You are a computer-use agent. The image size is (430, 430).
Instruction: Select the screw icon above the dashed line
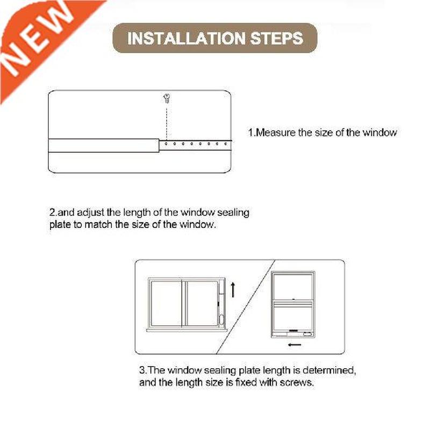(x=167, y=98)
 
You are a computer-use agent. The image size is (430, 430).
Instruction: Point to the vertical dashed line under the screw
(x=167, y=123)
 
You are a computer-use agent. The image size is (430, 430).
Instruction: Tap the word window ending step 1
(x=379, y=132)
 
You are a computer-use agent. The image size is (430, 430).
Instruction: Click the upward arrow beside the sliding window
(x=233, y=290)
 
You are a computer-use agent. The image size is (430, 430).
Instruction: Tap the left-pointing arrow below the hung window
(x=294, y=345)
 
